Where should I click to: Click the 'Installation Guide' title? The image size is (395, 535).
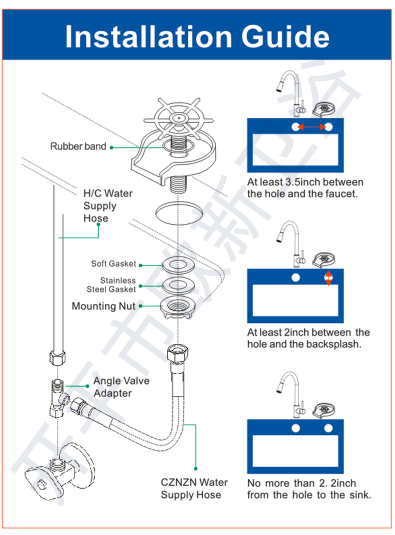coord(197,36)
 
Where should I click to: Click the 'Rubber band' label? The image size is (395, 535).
coord(78,146)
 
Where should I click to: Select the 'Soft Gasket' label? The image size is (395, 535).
coord(113,263)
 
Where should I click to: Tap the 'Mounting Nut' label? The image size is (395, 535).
coord(103,306)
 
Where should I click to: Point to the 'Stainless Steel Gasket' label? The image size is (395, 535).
coord(112,285)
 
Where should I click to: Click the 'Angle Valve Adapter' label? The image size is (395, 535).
coord(120,387)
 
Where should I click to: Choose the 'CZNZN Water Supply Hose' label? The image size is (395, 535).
coord(194,488)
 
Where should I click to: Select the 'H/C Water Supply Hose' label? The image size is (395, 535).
coord(107,205)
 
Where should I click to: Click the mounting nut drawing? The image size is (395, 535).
coord(177,305)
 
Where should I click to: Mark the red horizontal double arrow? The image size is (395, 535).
coord(312,127)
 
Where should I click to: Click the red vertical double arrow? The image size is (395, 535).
coord(328,278)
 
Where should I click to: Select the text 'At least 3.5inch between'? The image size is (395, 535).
coord(305,182)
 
